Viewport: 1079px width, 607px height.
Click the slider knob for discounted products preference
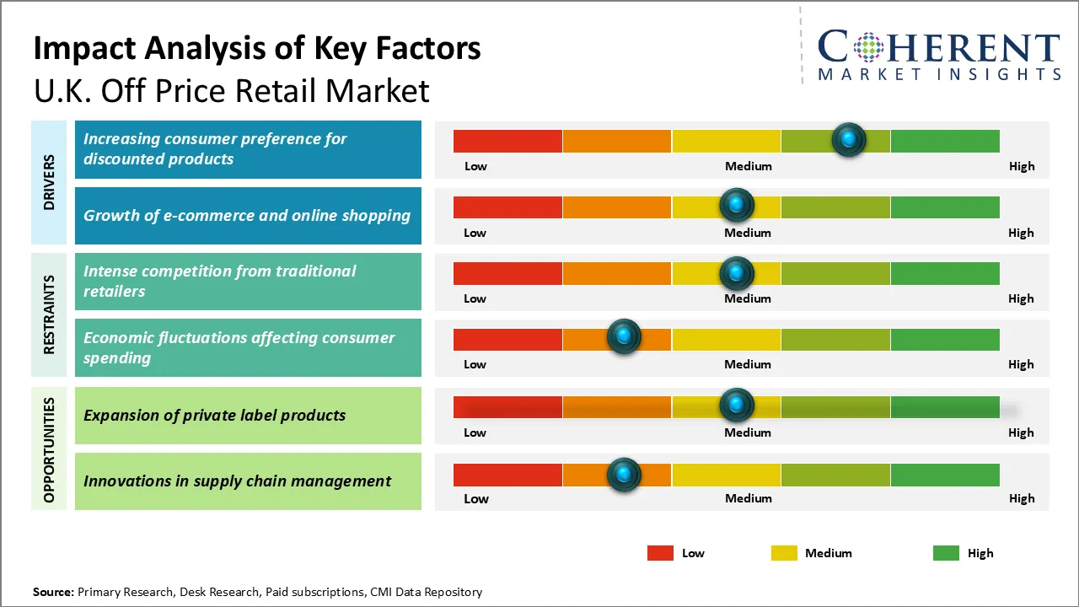point(849,139)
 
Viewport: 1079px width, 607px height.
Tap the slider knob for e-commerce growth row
point(737,205)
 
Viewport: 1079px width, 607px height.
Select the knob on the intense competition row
point(737,273)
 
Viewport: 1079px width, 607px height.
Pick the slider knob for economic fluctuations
point(624,337)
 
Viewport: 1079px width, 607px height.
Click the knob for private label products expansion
point(737,406)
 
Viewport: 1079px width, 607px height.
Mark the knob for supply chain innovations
point(624,475)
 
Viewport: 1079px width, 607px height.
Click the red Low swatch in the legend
point(660,553)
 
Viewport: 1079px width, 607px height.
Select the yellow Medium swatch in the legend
point(784,553)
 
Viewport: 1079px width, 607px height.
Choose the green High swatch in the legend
point(946,553)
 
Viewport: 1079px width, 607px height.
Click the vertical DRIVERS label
point(49,182)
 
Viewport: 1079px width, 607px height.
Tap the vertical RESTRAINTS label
point(49,314)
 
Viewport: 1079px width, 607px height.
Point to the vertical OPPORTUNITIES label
point(49,449)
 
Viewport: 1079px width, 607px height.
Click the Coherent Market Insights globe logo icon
point(868,48)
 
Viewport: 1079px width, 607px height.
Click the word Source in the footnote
point(53,592)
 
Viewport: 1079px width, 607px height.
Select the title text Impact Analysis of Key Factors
point(257,48)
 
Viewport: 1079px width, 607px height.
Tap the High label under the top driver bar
point(1022,166)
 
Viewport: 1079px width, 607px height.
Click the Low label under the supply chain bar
point(476,498)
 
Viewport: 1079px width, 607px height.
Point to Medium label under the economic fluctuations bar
point(748,364)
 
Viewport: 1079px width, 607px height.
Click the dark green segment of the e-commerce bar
point(944,207)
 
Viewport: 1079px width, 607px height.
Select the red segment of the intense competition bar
point(507,273)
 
